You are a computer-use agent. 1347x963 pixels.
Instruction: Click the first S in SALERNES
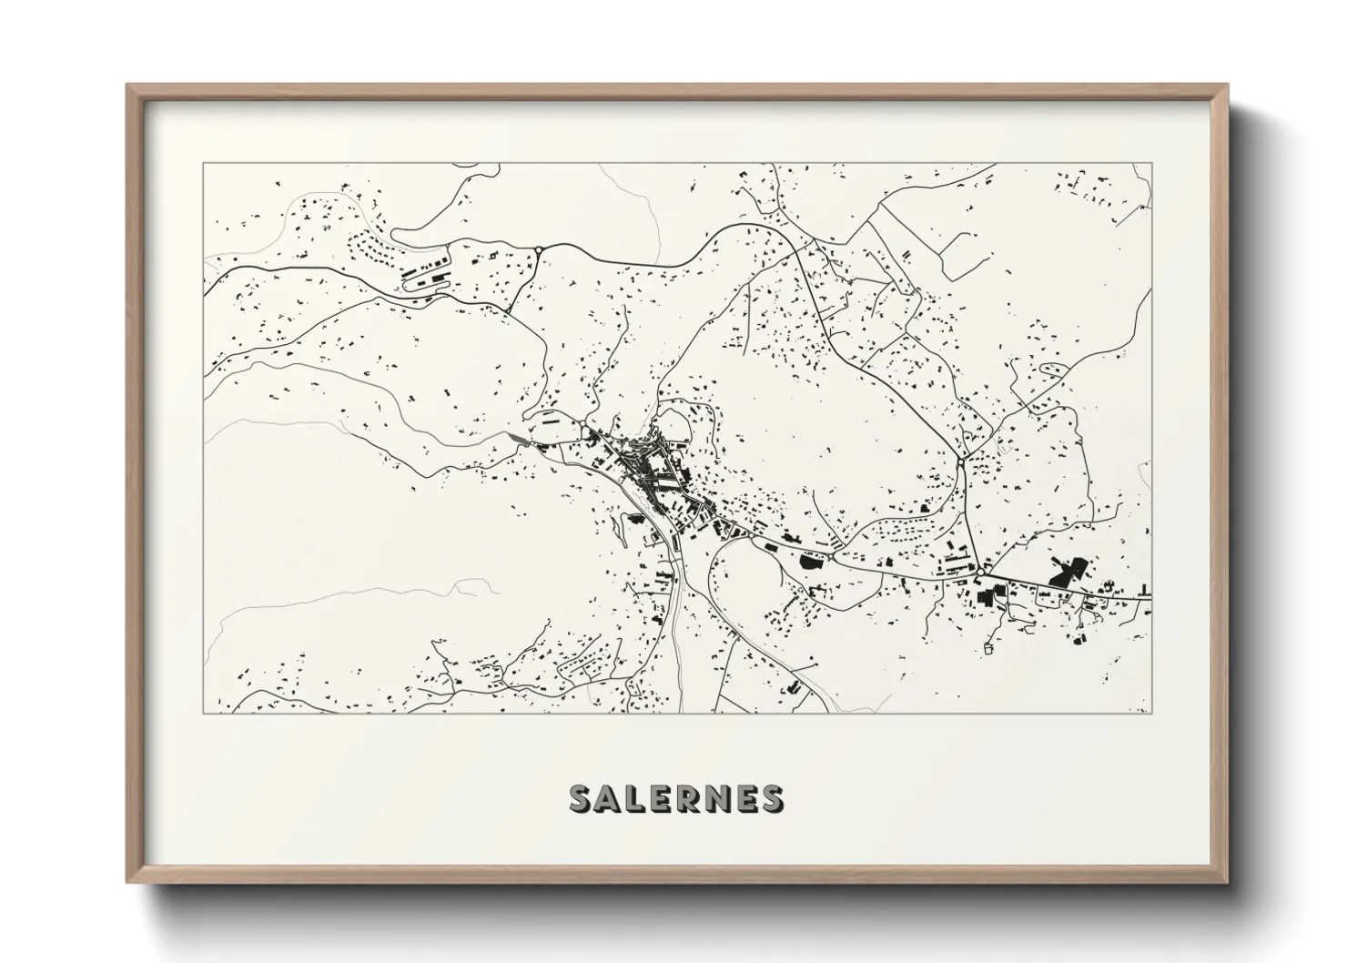coord(582,798)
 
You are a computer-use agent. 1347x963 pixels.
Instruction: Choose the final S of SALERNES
coord(771,798)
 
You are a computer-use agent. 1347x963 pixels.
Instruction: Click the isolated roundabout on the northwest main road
coord(539,248)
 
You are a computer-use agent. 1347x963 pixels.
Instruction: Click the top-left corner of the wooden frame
coord(128,86)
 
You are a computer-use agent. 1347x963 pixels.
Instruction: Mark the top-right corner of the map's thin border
coord(1151,163)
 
